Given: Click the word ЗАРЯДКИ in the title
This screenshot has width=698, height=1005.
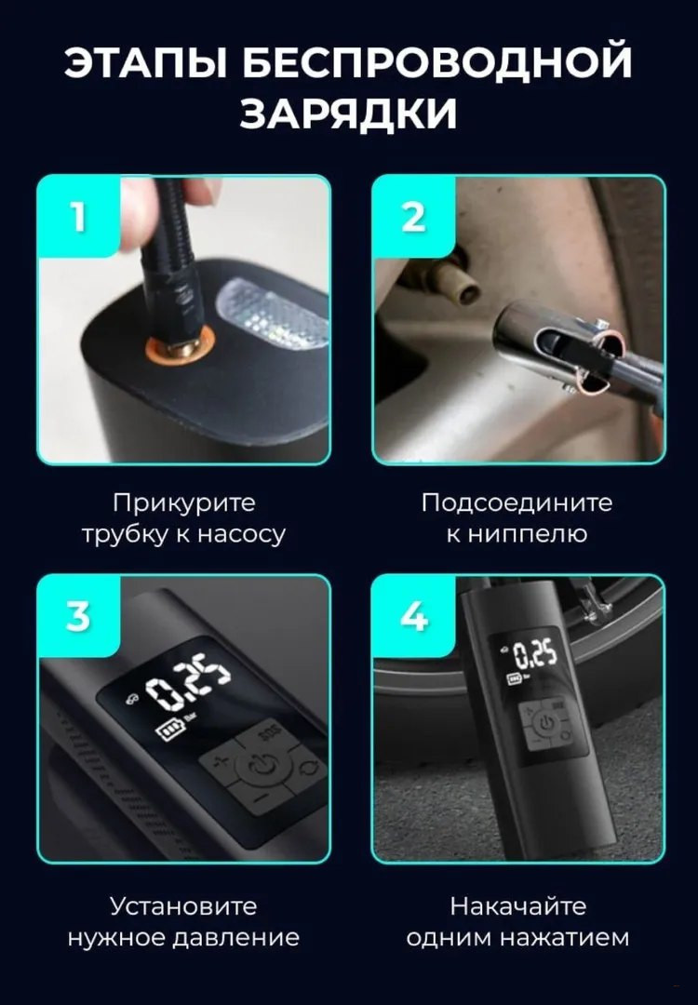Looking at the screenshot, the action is (x=349, y=113).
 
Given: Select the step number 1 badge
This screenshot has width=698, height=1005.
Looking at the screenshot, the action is (x=79, y=217).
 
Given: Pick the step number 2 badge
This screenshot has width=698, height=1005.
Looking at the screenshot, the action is (x=414, y=217).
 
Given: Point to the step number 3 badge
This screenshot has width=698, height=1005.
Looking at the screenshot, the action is (x=79, y=616).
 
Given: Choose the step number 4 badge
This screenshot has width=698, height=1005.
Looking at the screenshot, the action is (x=414, y=616).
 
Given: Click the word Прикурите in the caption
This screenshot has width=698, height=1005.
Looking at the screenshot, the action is (x=184, y=503).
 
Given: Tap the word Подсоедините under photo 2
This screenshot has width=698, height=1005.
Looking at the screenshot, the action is (x=517, y=502).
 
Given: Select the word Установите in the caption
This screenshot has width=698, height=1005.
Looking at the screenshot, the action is (x=183, y=906).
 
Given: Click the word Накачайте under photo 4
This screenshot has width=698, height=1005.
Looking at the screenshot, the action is (x=517, y=906).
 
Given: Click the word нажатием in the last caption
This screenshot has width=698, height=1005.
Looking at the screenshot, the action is (x=564, y=938).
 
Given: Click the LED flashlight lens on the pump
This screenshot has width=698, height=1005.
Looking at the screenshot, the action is (x=274, y=312).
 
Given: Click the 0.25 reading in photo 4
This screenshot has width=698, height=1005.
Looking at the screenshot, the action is (x=534, y=655).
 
